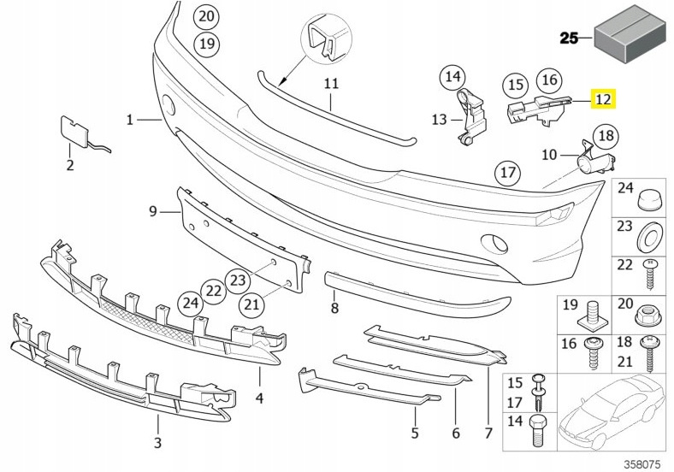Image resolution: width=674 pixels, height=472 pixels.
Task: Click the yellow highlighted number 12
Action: click(604, 99)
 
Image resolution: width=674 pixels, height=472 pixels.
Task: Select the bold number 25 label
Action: click(569, 38)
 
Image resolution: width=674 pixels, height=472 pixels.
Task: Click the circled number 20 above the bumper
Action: click(206, 16)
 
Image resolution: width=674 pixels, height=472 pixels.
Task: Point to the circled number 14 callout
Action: click(452, 76)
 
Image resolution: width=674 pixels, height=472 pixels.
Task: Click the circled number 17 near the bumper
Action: click(508, 173)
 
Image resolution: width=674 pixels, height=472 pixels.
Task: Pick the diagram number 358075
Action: click(641, 464)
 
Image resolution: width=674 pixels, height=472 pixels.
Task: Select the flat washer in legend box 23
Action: click(649, 238)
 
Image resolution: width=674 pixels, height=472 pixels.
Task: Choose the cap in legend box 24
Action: click(649, 199)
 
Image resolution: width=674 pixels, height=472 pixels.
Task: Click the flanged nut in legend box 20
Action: click(647, 318)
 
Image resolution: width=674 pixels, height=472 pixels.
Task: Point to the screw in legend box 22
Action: click(649, 274)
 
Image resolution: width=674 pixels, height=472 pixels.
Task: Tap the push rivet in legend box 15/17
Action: click(539, 392)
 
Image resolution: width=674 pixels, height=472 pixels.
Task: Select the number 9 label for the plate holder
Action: click(153, 211)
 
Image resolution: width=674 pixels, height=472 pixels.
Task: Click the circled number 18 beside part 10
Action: click(606, 136)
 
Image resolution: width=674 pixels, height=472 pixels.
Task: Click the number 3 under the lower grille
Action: click(157, 442)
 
